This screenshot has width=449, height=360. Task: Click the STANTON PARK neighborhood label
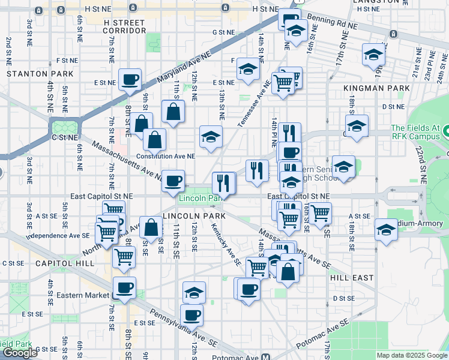[x=40, y=73]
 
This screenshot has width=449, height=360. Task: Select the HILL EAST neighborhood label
[x=352, y=278]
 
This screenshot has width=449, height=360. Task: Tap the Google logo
[x=20, y=353]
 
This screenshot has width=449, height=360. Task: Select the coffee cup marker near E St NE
[x=130, y=79]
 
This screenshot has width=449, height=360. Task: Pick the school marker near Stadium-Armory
[x=385, y=229]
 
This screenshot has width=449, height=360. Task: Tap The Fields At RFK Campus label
[x=420, y=132]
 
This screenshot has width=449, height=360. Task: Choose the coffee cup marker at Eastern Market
[x=124, y=287]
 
